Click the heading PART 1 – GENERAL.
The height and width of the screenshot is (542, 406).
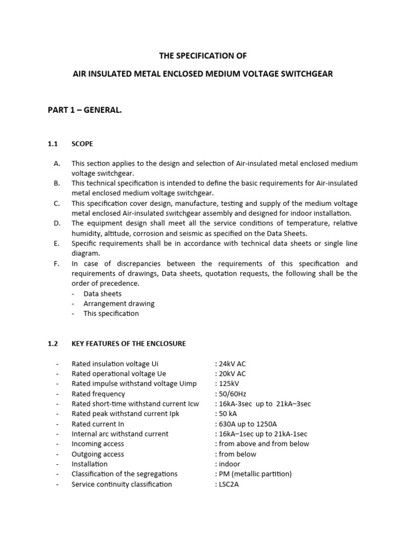[85, 110]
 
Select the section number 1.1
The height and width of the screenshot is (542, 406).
[53, 143]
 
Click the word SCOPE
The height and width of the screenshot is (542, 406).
[82, 143]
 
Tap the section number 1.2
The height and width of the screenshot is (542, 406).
[53, 344]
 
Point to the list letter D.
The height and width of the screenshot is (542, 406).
[57, 223]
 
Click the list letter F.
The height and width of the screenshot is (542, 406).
[57, 264]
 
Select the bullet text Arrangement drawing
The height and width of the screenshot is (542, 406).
[119, 303]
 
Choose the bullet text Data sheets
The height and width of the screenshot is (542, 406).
[103, 293]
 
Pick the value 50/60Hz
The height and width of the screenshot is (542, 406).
[231, 394]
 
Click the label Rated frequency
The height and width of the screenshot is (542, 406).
[98, 394]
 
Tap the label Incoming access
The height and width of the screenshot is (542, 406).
[98, 444]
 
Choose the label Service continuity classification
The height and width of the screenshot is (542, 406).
[122, 484]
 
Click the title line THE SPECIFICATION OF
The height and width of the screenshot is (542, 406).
[203, 56]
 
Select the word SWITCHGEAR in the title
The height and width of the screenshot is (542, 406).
[304, 74]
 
